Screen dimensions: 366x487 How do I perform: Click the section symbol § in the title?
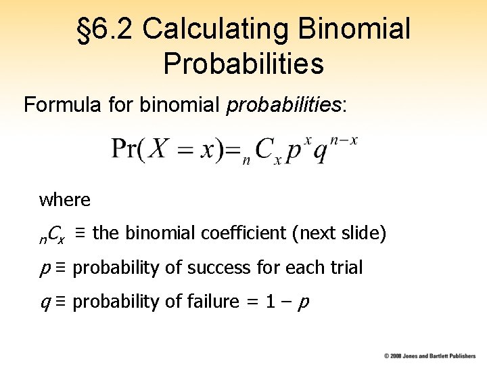tap(85, 29)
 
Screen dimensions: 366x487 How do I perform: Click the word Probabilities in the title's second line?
tap(243, 64)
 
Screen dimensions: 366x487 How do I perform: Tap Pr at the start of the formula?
tap(124, 150)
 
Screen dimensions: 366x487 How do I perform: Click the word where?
tap(64, 200)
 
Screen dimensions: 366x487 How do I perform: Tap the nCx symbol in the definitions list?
tap(51, 235)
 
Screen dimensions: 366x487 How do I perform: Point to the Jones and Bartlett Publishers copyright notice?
tap(430, 356)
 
